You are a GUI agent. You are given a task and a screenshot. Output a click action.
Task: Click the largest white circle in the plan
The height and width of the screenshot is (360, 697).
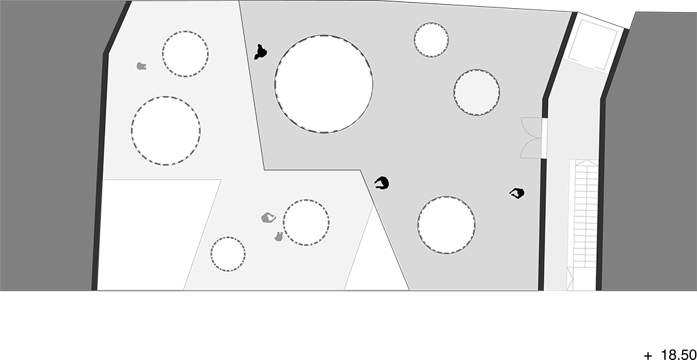pos(323,84)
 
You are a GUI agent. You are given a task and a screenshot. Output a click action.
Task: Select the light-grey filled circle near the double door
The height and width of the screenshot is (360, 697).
pos(476,92)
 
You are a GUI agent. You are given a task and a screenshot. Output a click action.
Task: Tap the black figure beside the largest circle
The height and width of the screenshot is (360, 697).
pos(261,52)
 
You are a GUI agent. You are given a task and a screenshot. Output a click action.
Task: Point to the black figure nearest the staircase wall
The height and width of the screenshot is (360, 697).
pos(517,193)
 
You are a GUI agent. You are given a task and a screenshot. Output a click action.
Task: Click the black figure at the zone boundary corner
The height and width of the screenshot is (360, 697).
pos(382,183)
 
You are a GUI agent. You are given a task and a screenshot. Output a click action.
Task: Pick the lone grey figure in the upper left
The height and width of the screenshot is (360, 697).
pos(142,66)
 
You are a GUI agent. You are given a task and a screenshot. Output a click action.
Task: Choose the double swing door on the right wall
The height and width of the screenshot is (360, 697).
pos(532,137)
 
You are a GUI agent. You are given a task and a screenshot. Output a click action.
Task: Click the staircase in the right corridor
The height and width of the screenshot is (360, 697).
pos(583,225)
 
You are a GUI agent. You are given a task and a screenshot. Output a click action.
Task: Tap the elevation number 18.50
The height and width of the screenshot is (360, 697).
pos(679,355)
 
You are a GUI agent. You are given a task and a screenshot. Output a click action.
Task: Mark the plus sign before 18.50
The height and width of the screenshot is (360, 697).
pos(648,355)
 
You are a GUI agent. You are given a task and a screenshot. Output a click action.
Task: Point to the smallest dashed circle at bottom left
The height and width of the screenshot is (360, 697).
pos(228,254)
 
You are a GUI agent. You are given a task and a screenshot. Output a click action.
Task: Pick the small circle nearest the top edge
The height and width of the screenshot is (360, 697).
pos(431,39)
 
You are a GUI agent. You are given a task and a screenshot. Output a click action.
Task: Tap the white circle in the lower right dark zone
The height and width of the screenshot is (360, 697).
pos(447,225)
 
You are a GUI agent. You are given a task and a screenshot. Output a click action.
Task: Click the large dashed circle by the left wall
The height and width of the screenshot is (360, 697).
pos(166,131)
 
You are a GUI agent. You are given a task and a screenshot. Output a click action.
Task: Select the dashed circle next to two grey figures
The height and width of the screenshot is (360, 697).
pos(306,223)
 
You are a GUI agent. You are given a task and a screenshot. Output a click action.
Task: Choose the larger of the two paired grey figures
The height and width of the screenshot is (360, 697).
pos(268,218)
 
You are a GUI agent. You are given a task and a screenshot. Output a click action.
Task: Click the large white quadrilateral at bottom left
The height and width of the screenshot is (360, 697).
pos(159,235)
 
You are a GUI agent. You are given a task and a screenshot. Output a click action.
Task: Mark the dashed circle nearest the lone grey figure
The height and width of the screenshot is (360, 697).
pos(185,54)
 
